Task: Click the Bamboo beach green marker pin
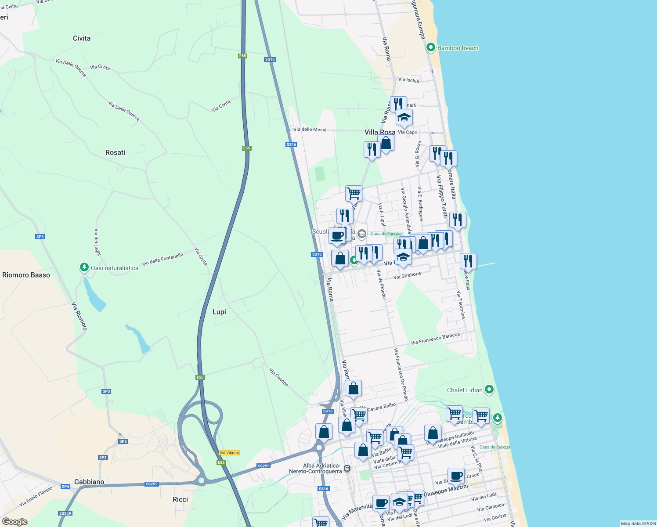click(431, 47)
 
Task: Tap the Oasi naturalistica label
click(114, 268)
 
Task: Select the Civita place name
click(82, 38)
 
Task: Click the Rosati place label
click(116, 152)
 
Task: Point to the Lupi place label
click(219, 312)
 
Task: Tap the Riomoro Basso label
click(26, 275)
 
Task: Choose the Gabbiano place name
click(89, 482)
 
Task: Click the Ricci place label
click(180, 499)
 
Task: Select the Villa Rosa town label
click(380, 132)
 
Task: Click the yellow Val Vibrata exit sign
click(229, 453)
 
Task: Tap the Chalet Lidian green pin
click(489, 390)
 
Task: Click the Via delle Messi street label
click(310, 130)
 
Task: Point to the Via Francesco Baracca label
click(435, 339)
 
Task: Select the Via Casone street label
click(279, 377)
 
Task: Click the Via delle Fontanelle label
click(162, 260)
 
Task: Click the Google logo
click(15, 522)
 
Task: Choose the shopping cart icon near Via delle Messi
click(354, 192)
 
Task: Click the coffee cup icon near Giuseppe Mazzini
click(456, 475)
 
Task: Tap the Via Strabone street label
click(407, 276)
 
